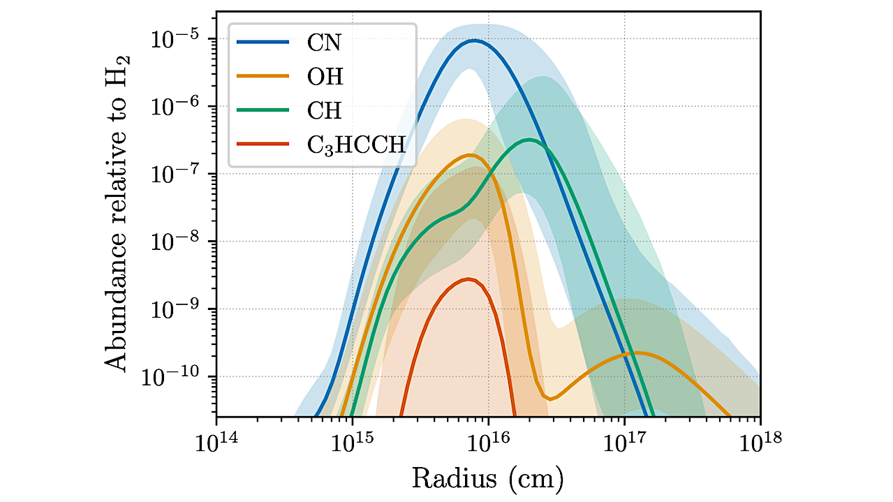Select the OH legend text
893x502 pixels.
(x=326, y=76)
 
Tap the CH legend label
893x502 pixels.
(x=325, y=110)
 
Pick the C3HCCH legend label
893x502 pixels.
(x=356, y=145)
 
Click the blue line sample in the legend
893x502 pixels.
(x=263, y=43)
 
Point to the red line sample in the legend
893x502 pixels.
(x=263, y=144)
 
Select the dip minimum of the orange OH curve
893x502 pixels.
(x=551, y=399)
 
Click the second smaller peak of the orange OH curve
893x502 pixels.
(x=637, y=353)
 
